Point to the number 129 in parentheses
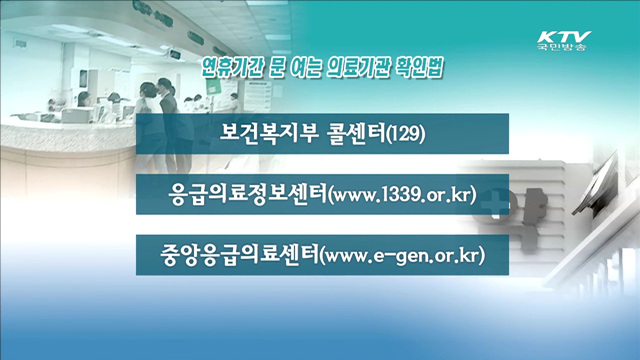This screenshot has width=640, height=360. pyautogui.click(x=407, y=132)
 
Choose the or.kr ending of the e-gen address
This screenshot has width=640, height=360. pyautogui.click(x=455, y=255)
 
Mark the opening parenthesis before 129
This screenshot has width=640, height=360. pyautogui.click(x=387, y=132)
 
